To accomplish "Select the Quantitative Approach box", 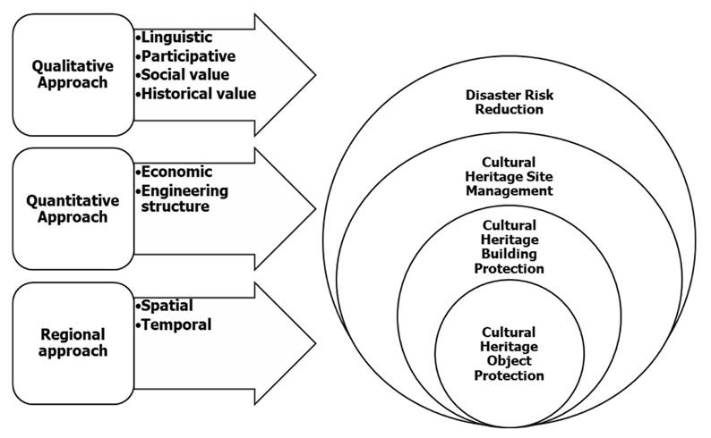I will tap(73, 207).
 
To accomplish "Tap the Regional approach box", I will tap(73, 341).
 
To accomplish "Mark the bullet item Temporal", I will tap(177, 324).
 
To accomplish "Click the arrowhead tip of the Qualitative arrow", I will tap(315, 73).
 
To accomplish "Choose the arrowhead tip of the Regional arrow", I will tap(315, 344).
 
